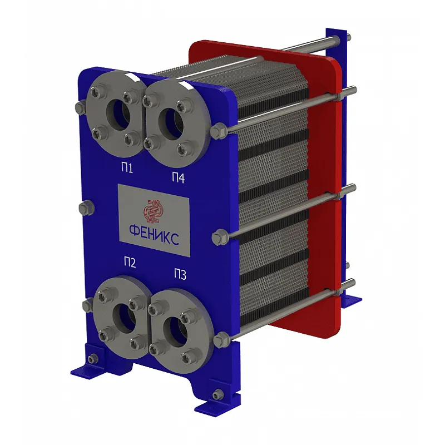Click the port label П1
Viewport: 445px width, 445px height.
point(127,168)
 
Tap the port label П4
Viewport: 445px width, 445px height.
point(178,178)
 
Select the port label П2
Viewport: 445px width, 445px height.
point(130,262)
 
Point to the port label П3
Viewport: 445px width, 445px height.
point(180,274)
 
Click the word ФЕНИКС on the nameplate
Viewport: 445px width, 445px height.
point(154,234)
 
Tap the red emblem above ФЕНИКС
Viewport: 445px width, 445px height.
point(154,211)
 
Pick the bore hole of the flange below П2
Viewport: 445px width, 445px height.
point(125,318)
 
